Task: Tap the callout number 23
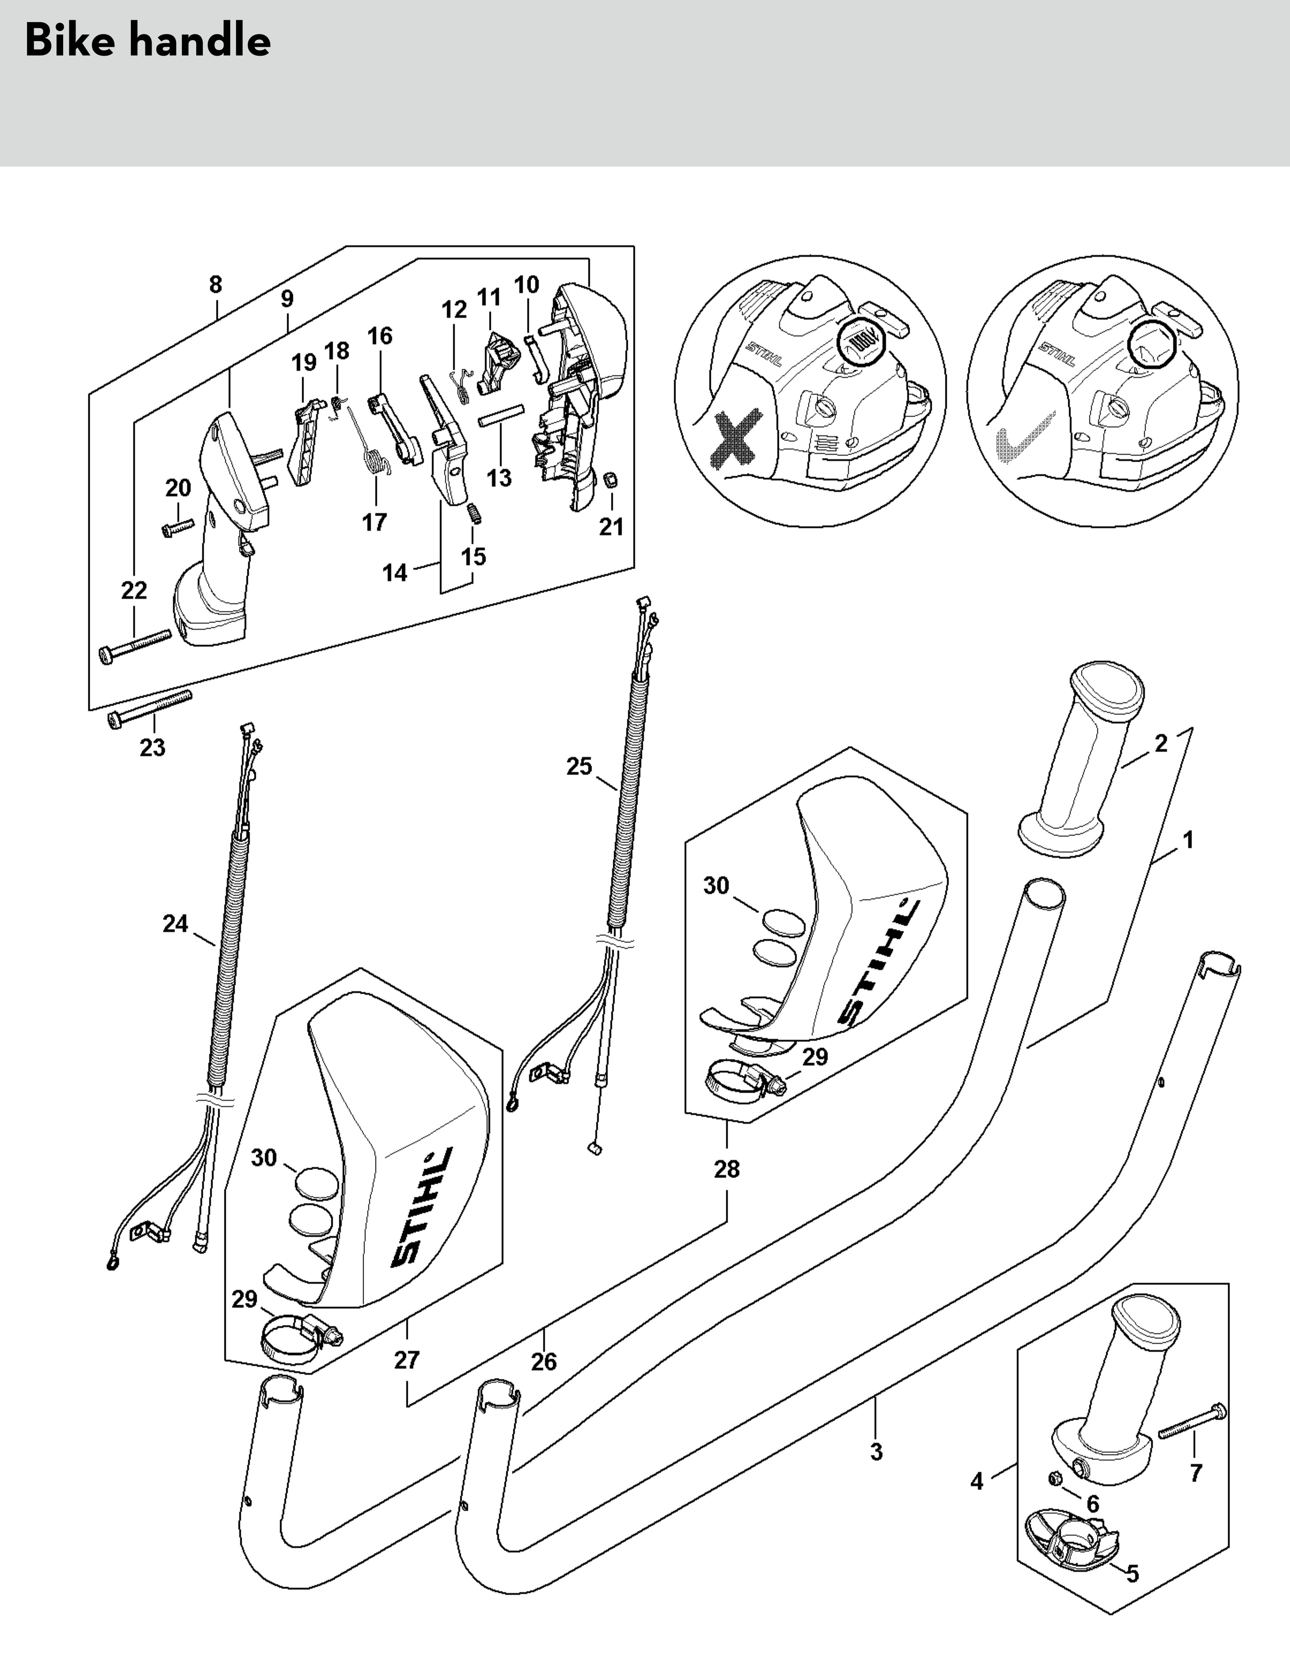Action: pyautogui.click(x=152, y=748)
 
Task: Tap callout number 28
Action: pyautogui.click(x=727, y=1169)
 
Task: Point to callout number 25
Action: pyautogui.click(x=580, y=766)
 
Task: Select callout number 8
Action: pyautogui.click(x=216, y=285)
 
